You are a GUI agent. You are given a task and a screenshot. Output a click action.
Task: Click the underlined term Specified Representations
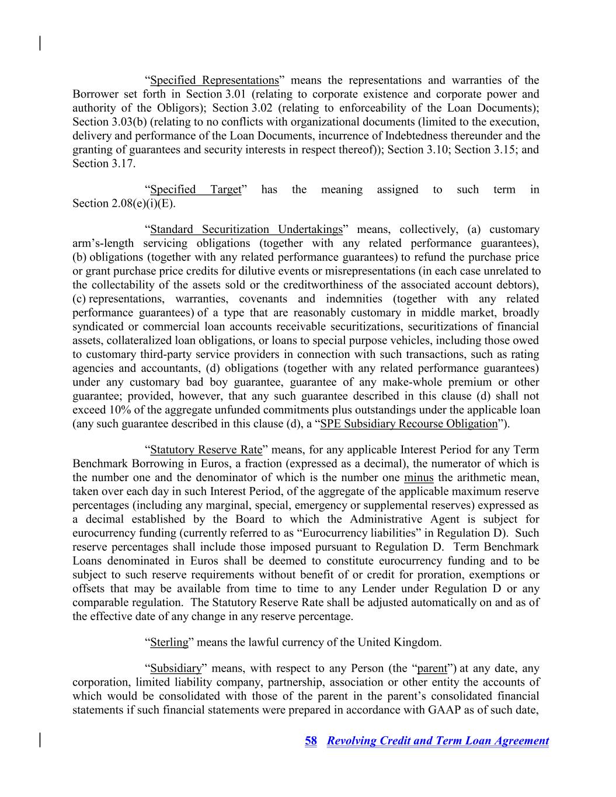tap(214, 80)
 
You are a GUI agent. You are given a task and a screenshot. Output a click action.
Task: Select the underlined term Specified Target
tap(196, 189)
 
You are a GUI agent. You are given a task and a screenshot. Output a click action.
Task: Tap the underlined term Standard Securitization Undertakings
tap(246, 229)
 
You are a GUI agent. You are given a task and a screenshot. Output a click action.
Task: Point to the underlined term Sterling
tap(169, 642)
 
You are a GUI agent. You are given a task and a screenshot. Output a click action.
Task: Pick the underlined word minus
tap(419, 478)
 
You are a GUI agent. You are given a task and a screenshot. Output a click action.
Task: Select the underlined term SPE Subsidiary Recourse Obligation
tap(409, 424)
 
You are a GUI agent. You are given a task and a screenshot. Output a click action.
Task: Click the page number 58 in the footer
tap(311, 741)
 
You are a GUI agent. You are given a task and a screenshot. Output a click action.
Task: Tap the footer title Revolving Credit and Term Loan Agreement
tap(438, 741)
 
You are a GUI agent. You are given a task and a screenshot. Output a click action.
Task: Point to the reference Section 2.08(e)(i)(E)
tap(124, 204)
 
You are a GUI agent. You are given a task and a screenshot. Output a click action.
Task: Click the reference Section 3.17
tap(103, 163)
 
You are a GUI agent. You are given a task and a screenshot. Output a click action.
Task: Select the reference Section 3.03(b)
tap(110, 122)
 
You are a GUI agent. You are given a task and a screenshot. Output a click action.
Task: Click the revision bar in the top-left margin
tap(40, 43)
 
